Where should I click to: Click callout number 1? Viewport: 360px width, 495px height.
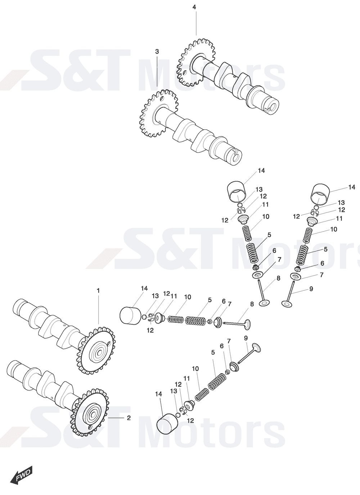(x=98, y=290)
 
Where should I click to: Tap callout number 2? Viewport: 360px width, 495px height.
(x=129, y=418)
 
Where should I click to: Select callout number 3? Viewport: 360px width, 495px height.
(x=157, y=52)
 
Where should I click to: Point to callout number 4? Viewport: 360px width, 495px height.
(x=194, y=7)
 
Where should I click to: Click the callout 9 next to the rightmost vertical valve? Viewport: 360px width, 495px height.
(x=311, y=289)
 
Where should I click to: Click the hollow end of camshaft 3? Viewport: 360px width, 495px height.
(x=235, y=156)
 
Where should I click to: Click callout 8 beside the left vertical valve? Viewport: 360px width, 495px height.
(x=278, y=278)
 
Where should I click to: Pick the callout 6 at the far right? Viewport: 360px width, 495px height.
(x=322, y=263)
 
